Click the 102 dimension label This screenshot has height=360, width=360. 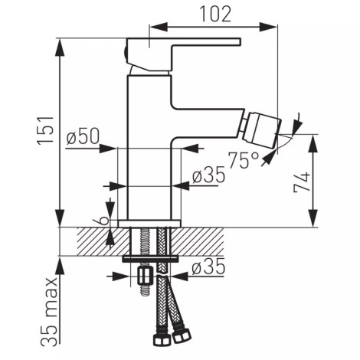point(215,14)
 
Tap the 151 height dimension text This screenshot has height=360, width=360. point(46,131)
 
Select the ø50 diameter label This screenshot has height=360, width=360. point(83,136)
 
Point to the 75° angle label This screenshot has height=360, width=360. point(243,160)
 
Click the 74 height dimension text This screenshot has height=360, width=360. point(302,182)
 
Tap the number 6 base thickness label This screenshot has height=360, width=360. point(103,221)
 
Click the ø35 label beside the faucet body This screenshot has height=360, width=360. point(209,175)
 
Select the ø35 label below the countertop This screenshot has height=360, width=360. point(208,267)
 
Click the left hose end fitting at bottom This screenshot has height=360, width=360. point(162,339)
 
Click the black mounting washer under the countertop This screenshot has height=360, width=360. point(150,259)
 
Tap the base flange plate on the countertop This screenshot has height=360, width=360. point(149,224)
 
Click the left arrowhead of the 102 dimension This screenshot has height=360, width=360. point(159,27)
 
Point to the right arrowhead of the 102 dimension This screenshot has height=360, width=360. point(268,27)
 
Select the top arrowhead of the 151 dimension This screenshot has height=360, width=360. point(60,48)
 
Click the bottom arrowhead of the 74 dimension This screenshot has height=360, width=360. point(313,218)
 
